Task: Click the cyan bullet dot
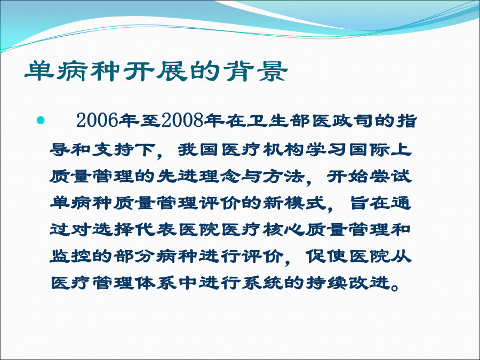pos(41,121)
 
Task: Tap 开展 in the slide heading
pos(156,71)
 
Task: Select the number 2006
pos(97,121)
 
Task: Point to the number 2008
pos(183,121)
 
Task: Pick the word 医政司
pos(342,121)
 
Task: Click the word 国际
pos(370,150)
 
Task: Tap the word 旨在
pos(370,203)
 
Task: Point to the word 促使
pos(326,256)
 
